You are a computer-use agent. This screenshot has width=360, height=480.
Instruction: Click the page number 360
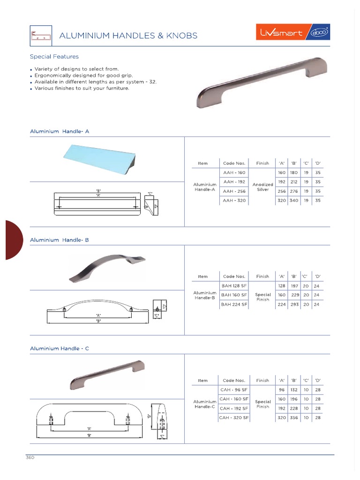(x=30, y=457)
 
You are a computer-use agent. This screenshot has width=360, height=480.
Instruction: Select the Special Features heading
(x=54, y=57)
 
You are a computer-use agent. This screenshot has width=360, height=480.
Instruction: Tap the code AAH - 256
(x=234, y=191)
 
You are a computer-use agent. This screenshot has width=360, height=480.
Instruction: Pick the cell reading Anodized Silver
(x=262, y=187)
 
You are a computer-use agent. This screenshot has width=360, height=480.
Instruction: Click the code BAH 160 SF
(x=234, y=295)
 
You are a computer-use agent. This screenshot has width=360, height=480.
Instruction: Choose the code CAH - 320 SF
(x=234, y=417)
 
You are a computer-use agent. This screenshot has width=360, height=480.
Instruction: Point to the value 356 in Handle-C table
(x=294, y=417)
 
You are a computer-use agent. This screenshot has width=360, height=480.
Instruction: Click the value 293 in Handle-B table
(x=295, y=304)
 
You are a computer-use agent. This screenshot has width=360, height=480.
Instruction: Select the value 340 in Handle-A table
(x=294, y=201)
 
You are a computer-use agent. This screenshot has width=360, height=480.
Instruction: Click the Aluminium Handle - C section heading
(x=60, y=349)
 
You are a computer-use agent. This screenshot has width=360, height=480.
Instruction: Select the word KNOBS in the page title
(x=181, y=36)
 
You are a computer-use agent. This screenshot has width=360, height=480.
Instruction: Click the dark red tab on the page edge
(x=13, y=240)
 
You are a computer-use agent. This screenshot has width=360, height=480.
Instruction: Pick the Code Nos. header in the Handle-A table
(x=234, y=163)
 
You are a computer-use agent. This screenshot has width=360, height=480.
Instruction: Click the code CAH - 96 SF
(x=234, y=390)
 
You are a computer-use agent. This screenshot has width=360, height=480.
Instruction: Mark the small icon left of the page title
(x=40, y=36)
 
